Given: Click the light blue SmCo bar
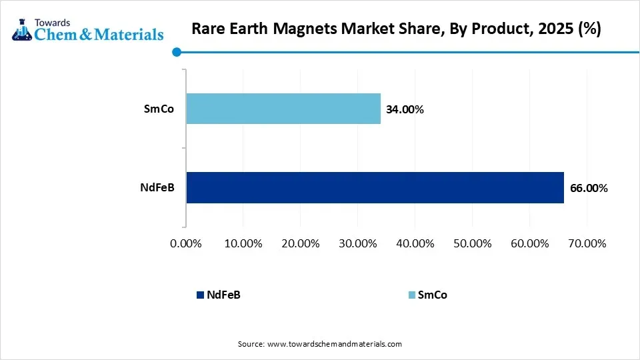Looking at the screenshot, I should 283,109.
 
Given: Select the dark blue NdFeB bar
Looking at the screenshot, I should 375,187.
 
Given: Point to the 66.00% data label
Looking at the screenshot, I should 589,188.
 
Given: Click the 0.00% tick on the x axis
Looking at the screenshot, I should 186,243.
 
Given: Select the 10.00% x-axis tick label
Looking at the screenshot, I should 243,243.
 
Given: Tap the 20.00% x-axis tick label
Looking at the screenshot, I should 301,243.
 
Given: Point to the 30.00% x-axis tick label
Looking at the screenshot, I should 358,243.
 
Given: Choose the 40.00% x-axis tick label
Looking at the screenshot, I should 415,243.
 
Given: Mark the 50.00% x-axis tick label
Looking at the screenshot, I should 472,243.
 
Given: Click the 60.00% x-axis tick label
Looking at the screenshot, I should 529,243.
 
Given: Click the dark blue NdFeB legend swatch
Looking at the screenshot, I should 200,295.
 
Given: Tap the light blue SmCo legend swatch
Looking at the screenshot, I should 411,295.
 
